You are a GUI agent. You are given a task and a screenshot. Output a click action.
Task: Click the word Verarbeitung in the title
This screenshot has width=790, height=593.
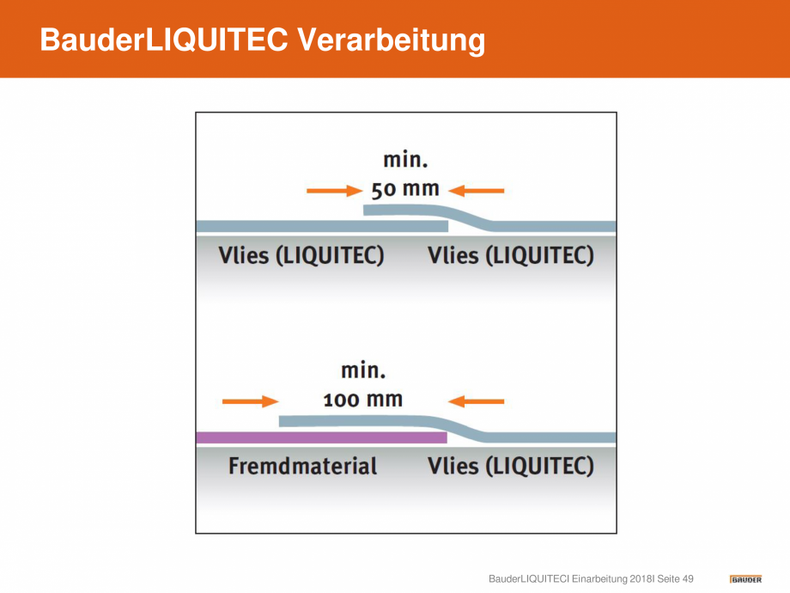(391, 40)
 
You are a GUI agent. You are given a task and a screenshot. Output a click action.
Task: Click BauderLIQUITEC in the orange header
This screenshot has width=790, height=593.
(164, 40)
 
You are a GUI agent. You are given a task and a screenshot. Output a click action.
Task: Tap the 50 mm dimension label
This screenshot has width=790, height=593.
(405, 190)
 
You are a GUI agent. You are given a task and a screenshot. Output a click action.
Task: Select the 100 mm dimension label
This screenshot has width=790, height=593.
(363, 400)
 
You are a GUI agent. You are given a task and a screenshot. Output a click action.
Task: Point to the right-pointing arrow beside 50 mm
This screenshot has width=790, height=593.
(335, 191)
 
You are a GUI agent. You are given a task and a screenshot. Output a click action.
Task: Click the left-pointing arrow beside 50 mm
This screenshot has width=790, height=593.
(476, 191)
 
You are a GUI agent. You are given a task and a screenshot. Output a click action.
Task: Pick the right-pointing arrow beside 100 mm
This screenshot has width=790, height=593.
(251, 401)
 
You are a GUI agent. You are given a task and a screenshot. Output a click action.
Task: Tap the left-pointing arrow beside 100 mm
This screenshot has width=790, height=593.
(476, 401)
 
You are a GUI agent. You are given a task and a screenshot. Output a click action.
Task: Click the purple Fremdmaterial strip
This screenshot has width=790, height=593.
(321, 437)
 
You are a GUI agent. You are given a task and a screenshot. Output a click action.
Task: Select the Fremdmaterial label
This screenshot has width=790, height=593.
(303, 466)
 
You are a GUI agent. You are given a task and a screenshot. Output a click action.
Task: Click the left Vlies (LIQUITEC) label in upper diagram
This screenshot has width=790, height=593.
(301, 255)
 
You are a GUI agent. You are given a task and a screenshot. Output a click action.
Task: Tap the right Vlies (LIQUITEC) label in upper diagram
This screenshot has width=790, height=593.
(511, 255)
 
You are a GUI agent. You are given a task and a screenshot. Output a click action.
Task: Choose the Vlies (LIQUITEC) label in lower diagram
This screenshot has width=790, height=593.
(511, 466)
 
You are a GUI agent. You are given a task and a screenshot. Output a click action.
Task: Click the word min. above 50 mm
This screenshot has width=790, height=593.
(405, 160)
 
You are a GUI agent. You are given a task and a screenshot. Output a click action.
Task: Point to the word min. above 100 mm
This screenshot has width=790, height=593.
(363, 370)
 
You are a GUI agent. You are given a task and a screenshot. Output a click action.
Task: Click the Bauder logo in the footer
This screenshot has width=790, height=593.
(745, 579)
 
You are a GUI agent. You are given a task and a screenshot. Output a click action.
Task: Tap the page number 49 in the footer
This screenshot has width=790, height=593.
(688, 579)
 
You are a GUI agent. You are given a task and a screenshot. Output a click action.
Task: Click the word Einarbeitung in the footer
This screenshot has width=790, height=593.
(599, 579)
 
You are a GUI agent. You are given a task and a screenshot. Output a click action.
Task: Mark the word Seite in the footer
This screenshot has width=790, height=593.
(668, 579)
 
